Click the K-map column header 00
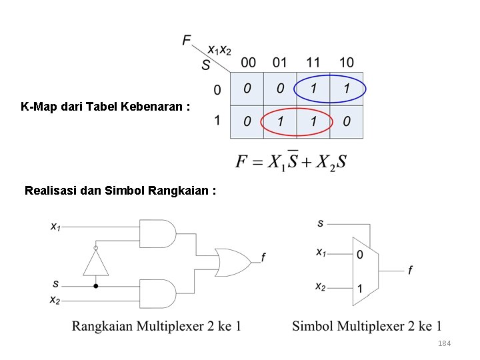(247, 63)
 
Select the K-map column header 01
(280, 63)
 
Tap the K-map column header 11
(313, 63)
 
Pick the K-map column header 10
(346, 63)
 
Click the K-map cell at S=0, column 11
(313, 89)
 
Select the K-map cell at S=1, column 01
(280, 122)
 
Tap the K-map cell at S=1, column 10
(346, 122)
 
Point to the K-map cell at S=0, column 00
(247, 89)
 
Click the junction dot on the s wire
(95, 285)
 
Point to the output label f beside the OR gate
(263, 257)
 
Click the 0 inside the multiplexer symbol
(360, 254)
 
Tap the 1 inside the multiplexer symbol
(360, 289)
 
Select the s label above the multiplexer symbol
(321, 223)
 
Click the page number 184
(445, 343)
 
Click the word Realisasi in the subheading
(49, 190)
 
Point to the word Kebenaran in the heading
(151, 106)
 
